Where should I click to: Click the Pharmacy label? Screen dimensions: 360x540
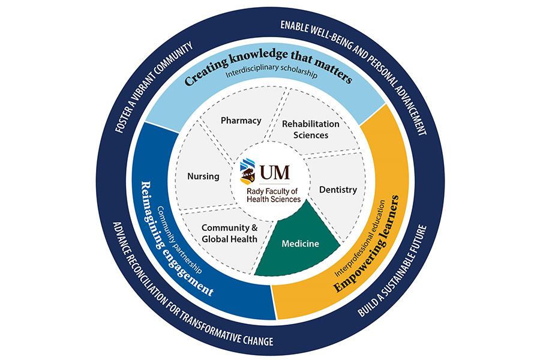point(241,121)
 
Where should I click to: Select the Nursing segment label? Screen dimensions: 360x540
point(203,176)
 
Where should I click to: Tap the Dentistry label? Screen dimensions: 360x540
point(338,190)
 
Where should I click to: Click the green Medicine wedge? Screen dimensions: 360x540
point(301,244)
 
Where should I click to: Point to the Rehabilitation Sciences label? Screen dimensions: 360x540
point(311,129)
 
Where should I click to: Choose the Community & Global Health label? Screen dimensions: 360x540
point(229,233)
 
